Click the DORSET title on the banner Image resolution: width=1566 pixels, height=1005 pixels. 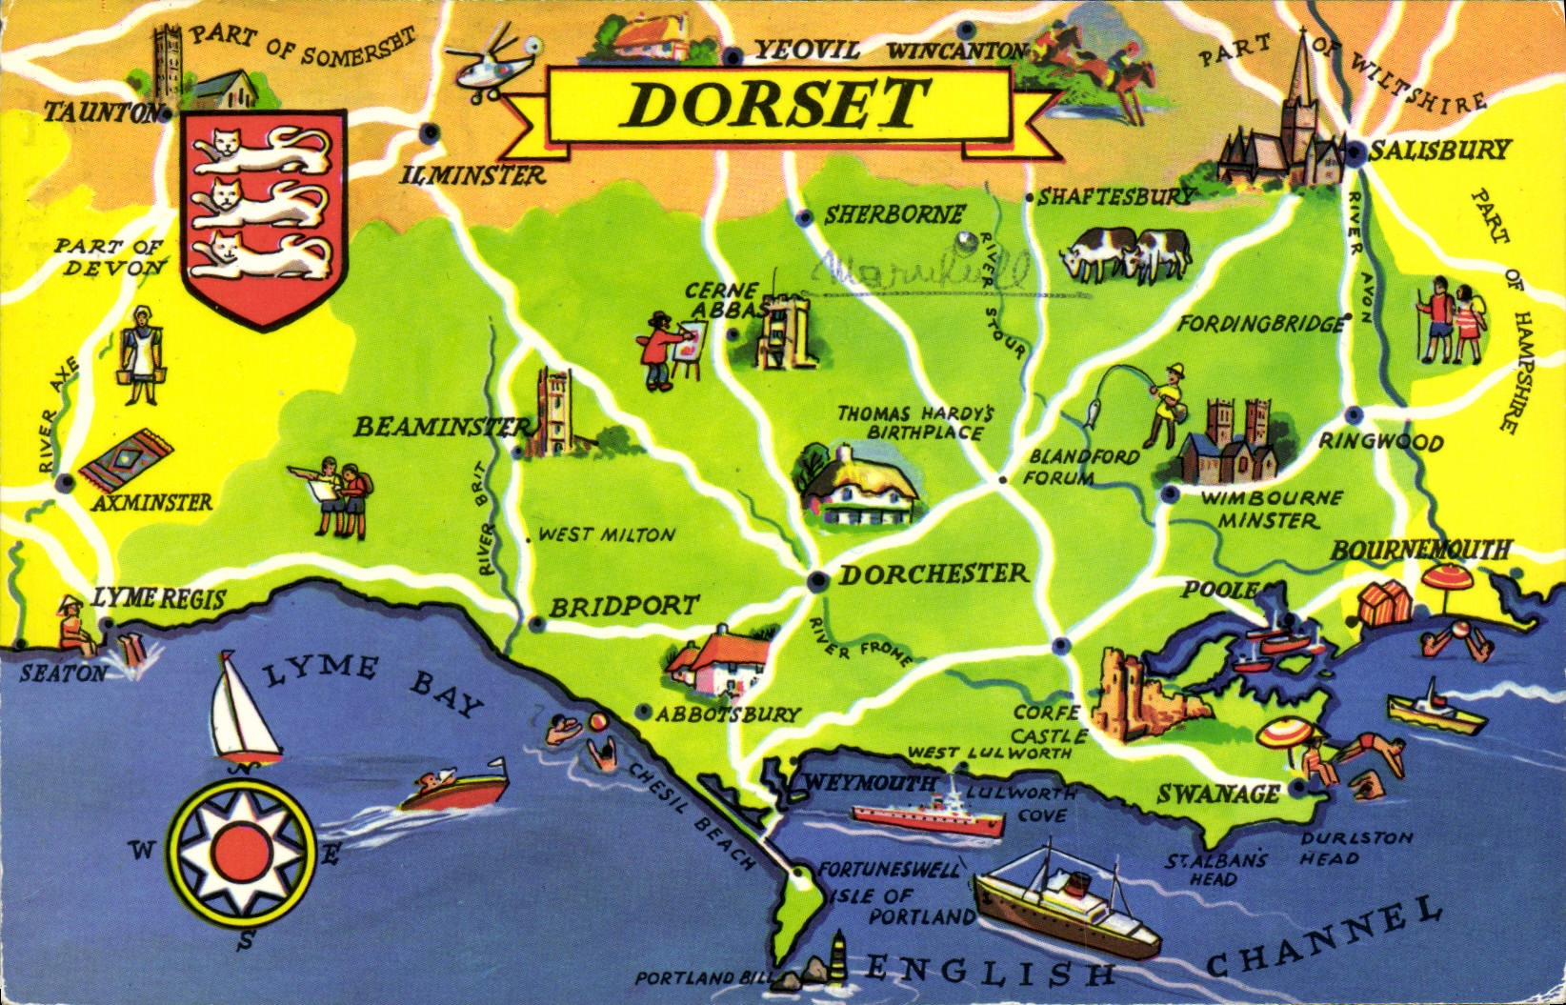773,104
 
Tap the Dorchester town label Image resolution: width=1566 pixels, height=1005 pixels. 934,573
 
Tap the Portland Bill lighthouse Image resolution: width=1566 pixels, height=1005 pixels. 837,955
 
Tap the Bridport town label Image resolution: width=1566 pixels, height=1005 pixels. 624,606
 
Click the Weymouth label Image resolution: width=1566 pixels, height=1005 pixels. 871,783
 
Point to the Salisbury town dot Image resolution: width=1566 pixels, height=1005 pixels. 1355,151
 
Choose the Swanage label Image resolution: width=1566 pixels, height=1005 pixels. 1218,794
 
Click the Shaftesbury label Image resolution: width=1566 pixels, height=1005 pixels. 1114,197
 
